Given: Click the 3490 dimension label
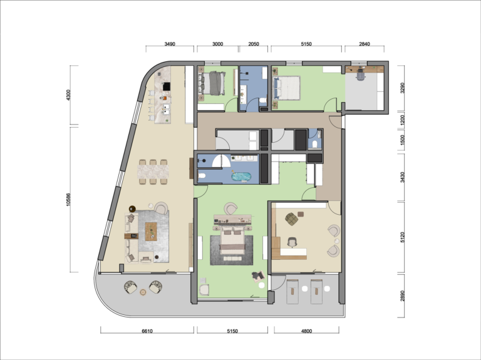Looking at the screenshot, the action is click(x=170, y=44).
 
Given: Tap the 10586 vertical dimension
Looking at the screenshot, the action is click(x=68, y=199).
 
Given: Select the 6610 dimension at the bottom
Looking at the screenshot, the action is click(x=147, y=331).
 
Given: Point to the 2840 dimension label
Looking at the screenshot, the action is click(x=364, y=44).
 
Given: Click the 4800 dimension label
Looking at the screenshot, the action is click(x=306, y=331).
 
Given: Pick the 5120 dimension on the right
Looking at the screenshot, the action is click(x=402, y=237).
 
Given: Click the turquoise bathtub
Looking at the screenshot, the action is click(x=241, y=177).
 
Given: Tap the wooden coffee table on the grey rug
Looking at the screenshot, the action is click(x=151, y=232).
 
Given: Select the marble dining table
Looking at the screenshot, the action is click(x=153, y=172).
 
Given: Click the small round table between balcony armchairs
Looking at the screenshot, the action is click(x=143, y=292).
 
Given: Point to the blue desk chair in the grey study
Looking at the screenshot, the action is click(x=361, y=75).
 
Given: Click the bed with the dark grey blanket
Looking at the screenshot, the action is click(x=214, y=83).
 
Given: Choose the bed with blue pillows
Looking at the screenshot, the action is click(x=286, y=88).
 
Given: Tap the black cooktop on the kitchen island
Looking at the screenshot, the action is click(x=167, y=87).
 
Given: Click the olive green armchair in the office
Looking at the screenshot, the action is click(x=291, y=219).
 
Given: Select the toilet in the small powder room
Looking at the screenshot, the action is click(x=314, y=145).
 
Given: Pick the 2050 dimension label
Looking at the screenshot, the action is click(x=254, y=44).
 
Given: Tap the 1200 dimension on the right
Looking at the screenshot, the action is click(x=402, y=120).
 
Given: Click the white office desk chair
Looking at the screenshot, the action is click(x=292, y=242).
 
